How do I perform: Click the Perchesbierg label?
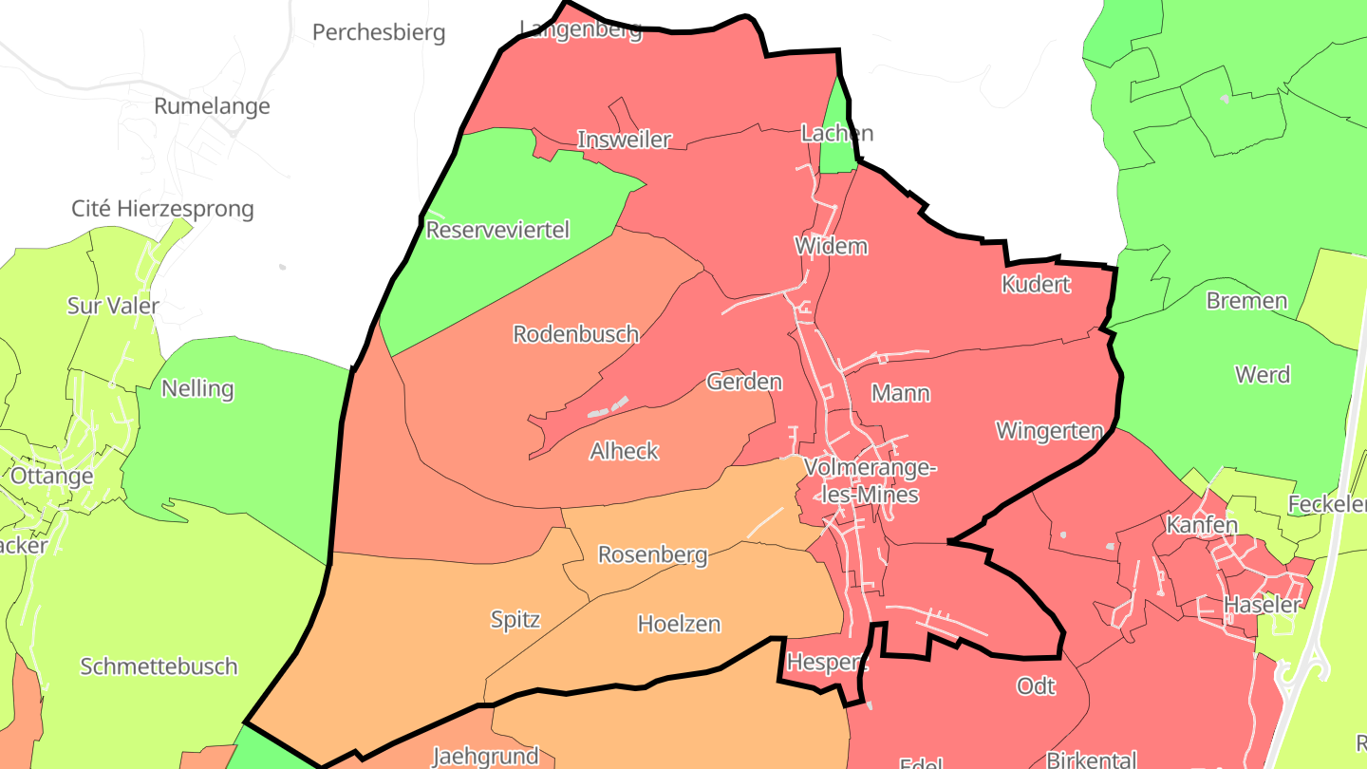click(x=379, y=32)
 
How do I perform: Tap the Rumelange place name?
click(x=212, y=105)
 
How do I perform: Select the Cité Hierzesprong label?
click(x=162, y=208)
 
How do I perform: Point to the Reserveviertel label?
click(x=497, y=230)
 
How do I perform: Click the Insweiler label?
click(x=624, y=140)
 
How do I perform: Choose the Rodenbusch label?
click(x=575, y=334)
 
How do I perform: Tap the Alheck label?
click(x=624, y=451)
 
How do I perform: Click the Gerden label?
click(x=744, y=382)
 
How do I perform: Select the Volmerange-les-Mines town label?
click(x=870, y=480)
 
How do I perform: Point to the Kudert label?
click(x=1036, y=284)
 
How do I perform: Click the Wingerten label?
click(x=1049, y=431)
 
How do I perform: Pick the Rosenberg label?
click(x=652, y=554)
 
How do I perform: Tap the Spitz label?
click(x=515, y=620)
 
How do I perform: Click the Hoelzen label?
click(x=679, y=624)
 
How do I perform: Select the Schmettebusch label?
click(x=159, y=666)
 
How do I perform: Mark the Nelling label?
click(x=197, y=388)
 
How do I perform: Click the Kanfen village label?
click(x=1202, y=524)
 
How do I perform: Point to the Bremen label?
click(x=1246, y=301)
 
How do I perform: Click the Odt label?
click(x=1036, y=685)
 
